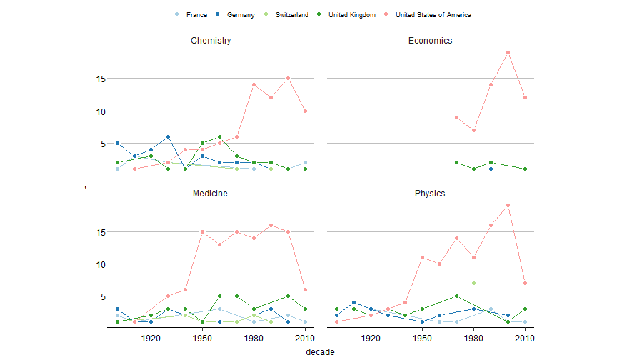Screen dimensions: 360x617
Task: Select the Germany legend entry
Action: click(242, 14)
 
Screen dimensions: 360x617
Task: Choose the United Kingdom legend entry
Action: click(351, 14)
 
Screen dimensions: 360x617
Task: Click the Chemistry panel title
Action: click(211, 41)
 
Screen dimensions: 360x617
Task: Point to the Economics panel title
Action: click(430, 41)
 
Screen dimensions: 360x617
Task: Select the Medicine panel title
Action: click(211, 194)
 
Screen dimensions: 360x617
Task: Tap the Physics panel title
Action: click(430, 194)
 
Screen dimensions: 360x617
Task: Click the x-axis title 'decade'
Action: click(320, 351)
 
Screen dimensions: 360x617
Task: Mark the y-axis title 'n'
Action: click(87, 186)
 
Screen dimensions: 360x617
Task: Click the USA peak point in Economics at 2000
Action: click(508, 52)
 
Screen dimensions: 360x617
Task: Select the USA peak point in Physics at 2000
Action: click(508, 206)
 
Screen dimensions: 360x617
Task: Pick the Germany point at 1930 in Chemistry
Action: click(168, 136)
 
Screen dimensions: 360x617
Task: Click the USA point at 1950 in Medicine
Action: click(202, 232)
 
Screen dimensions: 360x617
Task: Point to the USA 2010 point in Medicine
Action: click(305, 289)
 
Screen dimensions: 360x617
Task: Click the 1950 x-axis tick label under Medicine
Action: click(202, 338)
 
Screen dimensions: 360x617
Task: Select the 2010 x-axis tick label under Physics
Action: click(525, 338)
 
